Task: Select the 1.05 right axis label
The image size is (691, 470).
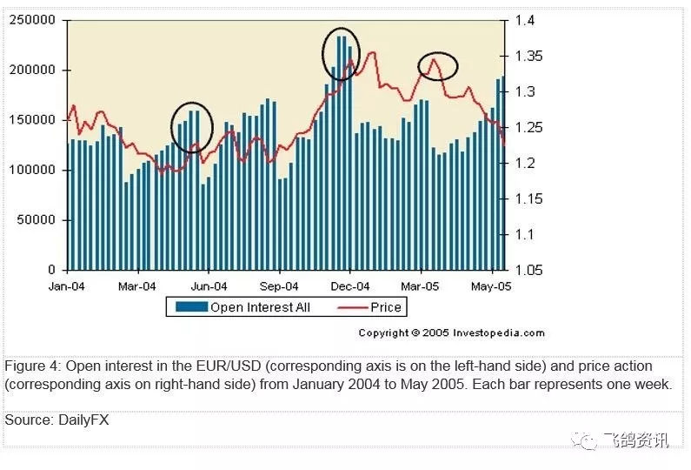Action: (x=528, y=270)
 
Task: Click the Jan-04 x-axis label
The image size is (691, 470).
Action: (x=66, y=285)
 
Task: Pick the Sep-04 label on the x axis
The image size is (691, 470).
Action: (x=280, y=285)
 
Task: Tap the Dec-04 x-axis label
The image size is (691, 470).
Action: (x=351, y=285)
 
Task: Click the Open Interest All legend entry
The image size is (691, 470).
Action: (x=243, y=307)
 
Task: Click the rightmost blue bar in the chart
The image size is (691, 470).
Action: (x=503, y=174)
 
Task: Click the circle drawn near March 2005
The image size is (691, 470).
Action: (x=437, y=66)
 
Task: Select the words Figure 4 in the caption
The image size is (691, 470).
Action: (x=32, y=366)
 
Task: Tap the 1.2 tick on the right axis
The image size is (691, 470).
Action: (x=525, y=163)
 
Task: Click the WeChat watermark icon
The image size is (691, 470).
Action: (x=588, y=440)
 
